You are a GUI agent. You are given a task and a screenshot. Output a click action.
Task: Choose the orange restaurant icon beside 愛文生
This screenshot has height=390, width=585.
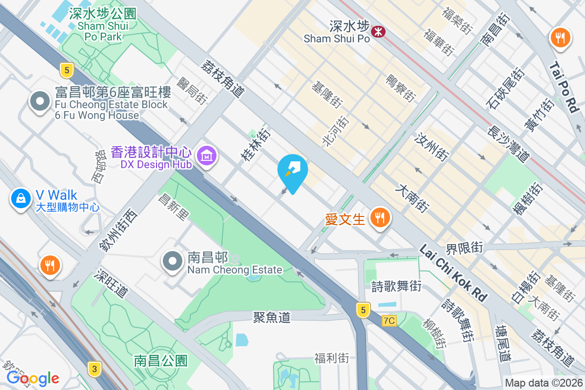[380, 217]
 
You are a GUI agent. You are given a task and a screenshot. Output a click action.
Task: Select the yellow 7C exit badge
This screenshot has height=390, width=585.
[389, 320]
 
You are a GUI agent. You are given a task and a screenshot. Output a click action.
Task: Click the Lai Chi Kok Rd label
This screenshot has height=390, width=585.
[454, 273]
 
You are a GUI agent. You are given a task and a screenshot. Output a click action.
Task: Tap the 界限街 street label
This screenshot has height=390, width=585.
[465, 248]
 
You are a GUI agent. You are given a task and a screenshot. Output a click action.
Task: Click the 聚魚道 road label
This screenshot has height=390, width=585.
[272, 317]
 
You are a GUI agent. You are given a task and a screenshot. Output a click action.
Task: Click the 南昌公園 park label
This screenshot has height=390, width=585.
[161, 361]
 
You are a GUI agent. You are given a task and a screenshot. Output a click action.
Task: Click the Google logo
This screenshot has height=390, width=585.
[33, 378]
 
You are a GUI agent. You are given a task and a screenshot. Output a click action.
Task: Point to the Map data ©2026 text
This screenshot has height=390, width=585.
[544, 383]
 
